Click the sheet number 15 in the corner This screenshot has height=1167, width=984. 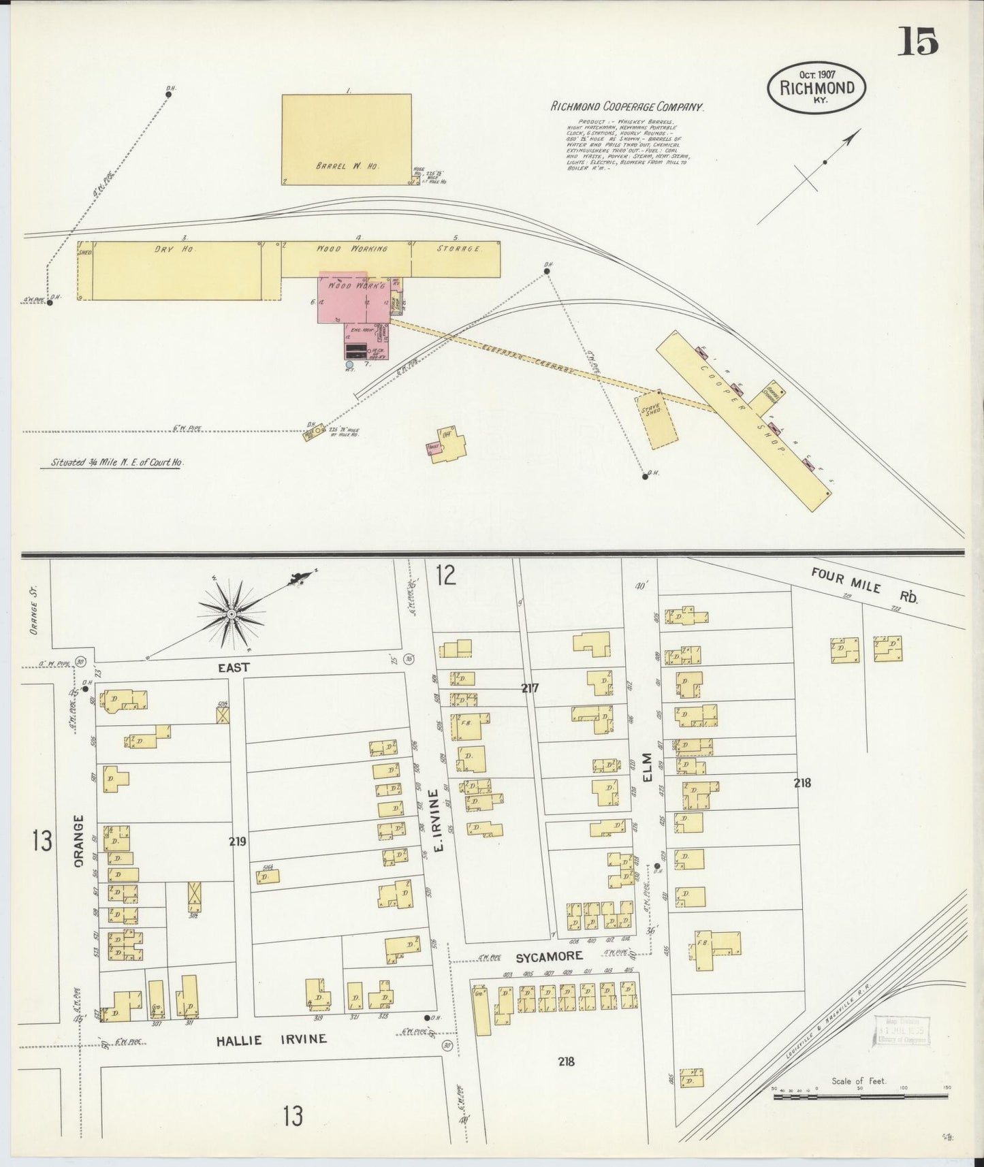click(x=917, y=42)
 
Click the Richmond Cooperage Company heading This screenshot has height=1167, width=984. click(x=626, y=107)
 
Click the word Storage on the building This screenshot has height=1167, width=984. click(x=459, y=249)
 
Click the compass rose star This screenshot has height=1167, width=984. click(x=232, y=614)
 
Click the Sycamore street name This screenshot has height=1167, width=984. click(x=549, y=957)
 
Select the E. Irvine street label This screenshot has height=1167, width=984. click(x=439, y=820)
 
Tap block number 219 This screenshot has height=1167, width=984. click(x=238, y=842)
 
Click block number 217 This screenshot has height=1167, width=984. click(x=530, y=688)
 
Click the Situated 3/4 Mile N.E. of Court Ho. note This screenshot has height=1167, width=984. click(x=117, y=462)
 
